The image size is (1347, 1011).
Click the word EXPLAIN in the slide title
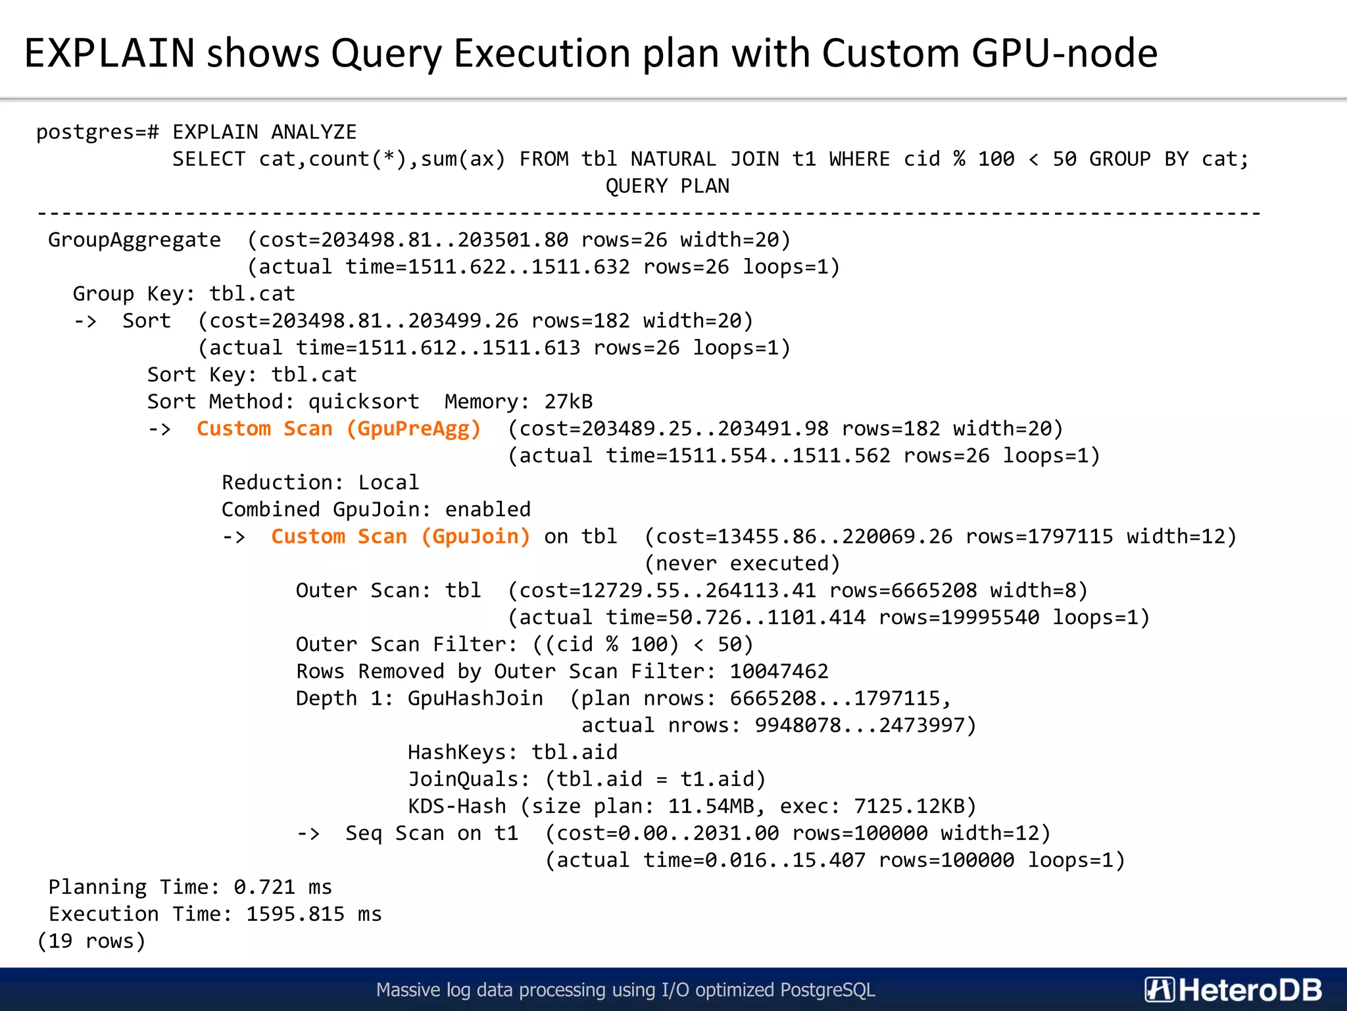click(109, 53)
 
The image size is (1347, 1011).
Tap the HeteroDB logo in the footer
click(1233, 990)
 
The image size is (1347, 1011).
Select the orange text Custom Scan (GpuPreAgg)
click(339, 429)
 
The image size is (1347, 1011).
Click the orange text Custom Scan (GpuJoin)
click(401, 537)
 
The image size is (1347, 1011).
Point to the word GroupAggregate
click(134, 240)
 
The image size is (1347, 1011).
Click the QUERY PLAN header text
click(667, 186)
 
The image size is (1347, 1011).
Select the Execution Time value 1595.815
click(295, 914)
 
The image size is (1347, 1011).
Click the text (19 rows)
click(91, 941)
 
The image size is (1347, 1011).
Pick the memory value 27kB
click(568, 402)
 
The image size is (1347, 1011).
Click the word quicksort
click(364, 402)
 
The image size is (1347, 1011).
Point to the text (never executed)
click(742, 564)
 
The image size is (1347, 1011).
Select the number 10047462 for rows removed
click(779, 671)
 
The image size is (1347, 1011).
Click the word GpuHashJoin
click(476, 698)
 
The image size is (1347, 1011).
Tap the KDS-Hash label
click(457, 806)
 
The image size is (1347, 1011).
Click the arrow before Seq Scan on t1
click(308, 834)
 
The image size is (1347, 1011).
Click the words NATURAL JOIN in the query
click(704, 159)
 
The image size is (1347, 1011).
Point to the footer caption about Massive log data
click(625, 990)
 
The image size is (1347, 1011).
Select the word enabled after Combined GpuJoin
click(487, 510)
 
